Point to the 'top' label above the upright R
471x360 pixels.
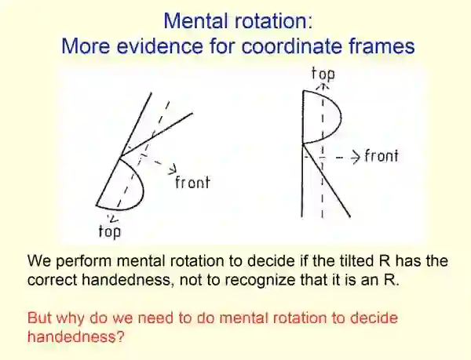pyautogui.click(x=323, y=75)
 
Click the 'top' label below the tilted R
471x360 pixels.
pyautogui.click(x=108, y=231)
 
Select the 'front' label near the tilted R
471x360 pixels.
pyautogui.click(x=194, y=184)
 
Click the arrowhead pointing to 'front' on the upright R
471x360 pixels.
pyautogui.click(x=355, y=155)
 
